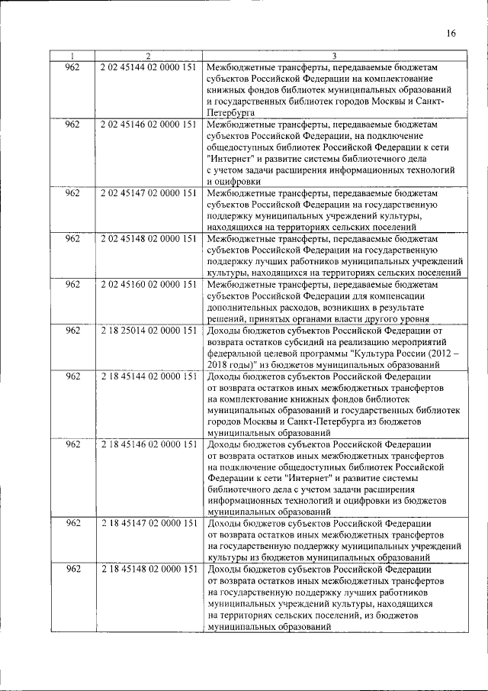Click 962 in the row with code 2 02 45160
(72, 284)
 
